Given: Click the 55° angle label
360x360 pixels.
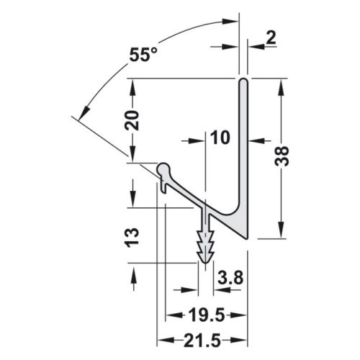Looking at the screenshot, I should click(144, 55).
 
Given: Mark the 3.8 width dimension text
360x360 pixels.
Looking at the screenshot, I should click(228, 276).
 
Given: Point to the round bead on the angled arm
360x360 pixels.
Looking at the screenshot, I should click(163, 168).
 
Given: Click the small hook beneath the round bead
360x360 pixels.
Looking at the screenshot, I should click(166, 189).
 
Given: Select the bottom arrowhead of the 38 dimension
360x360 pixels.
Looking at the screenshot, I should click(282, 232).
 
